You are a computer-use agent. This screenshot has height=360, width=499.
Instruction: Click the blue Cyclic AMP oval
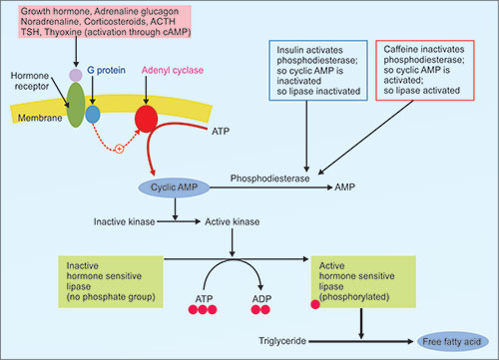(174, 187)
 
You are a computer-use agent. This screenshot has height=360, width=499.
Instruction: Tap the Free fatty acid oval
(452, 341)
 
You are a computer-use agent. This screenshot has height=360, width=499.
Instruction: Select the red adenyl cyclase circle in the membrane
(146, 119)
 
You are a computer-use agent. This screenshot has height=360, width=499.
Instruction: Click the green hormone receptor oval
(76, 105)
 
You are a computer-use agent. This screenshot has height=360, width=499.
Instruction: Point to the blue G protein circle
(93, 115)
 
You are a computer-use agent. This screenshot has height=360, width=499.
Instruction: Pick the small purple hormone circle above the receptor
(76, 75)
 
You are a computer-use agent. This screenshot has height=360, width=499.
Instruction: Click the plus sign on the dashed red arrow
(119, 149)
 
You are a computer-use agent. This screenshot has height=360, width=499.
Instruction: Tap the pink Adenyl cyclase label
(173, 70)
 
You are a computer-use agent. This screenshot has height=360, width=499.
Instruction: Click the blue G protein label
(106, 70)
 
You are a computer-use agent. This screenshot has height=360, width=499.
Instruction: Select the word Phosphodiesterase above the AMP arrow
(269, 179)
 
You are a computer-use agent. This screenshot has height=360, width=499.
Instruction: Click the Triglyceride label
(282, 341)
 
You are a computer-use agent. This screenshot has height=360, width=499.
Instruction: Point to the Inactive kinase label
(124, 221)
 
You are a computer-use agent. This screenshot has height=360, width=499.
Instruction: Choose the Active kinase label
(233, 221)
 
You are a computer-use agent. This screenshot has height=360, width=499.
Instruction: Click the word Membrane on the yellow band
(40, 118)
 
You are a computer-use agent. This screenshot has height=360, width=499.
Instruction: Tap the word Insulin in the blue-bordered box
(289, 50)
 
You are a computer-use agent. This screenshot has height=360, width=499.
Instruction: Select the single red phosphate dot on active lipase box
(315, 304)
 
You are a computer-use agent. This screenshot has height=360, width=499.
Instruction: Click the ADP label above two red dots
(261, 299)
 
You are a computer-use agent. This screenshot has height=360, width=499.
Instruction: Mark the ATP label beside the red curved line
(221, 132)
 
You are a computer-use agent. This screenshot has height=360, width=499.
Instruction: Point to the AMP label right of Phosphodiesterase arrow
(344, 187)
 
